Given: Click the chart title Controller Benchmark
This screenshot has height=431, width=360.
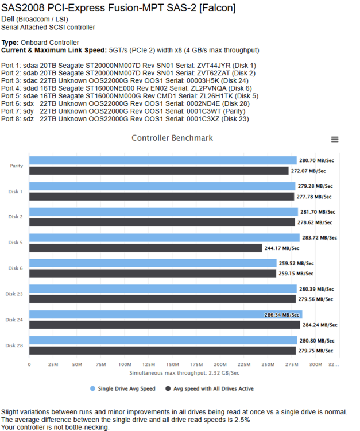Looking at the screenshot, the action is pyautogui.click(x=172, y=138).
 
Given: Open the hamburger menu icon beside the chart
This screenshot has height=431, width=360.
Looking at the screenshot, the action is pyautogui.click(x=335, y=140).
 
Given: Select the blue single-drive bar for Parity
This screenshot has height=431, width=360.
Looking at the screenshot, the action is pyautogui.click(x=163, y=160).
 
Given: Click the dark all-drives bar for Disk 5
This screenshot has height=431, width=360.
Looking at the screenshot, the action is pyautogui.click(x=145, y=248).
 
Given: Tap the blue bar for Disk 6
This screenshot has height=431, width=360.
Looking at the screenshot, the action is pyautogui.click(x=153, y=263).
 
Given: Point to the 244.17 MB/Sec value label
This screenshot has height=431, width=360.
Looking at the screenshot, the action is pyautogui.click(x=282, y=248).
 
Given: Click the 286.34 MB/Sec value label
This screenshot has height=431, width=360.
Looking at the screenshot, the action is pyautogui.click(x=282, y=315).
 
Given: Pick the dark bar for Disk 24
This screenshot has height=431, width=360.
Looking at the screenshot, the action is pyautogui.click(x=164, y=325).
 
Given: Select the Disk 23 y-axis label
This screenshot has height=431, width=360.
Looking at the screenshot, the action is pyautogui.click(x=14, y=294).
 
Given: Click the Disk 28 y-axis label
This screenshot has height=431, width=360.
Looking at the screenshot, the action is pyautogui.click(x=14, y=345).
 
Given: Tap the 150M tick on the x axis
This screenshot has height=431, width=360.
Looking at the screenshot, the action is pyautogui.click(x=172, y=364).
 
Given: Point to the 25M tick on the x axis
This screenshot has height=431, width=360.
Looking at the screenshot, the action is pyautogui.click(x=53, y=364).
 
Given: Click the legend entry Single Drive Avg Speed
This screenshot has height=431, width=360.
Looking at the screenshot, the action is pyautogui.click(x=123, y=388).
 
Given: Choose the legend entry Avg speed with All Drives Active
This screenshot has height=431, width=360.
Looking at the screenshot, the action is pyautogui.click(x=210, y=388).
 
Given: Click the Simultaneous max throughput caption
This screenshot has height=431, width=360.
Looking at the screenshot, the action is pyautogui.click(x=184, y=373).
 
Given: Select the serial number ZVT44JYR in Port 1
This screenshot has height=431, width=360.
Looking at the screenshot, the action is pyautogui.click(x=214, y=66).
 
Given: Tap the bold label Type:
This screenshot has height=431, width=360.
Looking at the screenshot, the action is pyautogui.click(x=10, y=43).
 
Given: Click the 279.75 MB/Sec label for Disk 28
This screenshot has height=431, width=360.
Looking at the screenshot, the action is pyautogui.click(x=316, y=351).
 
